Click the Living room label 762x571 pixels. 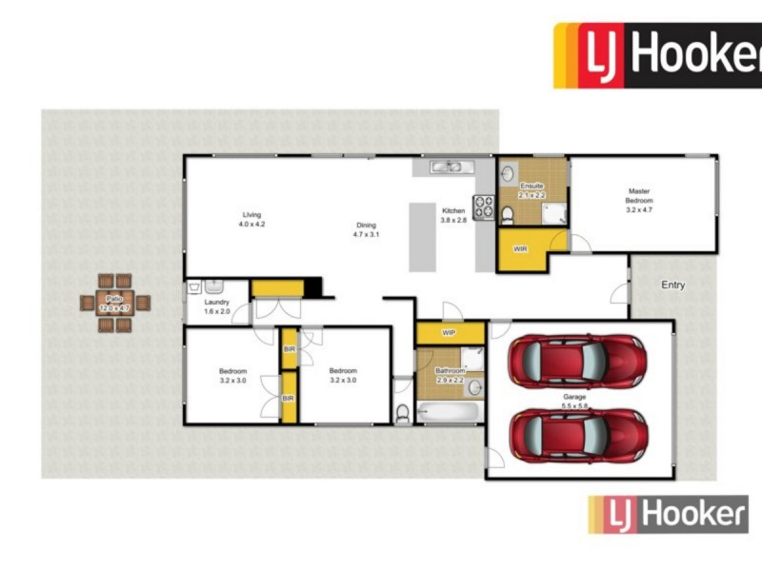[251, 215]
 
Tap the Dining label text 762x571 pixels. [367, 226]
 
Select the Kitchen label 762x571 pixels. [452, 210]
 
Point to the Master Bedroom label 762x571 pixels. [639, 196]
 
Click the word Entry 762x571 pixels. [672, 285]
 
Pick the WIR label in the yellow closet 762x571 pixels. [520, 249]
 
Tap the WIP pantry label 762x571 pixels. [450, 334]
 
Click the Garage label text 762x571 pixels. [574, 397]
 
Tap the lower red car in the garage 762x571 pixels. [576, 435]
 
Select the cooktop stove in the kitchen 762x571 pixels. [484, 206]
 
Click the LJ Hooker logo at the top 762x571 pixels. [657, 55]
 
